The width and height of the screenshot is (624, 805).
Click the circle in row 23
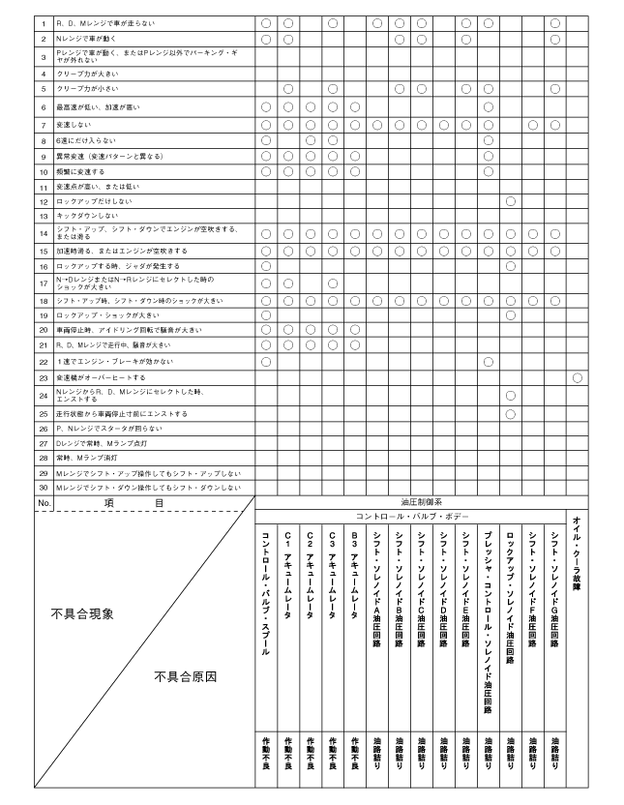578,376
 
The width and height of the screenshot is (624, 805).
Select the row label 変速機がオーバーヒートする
101,377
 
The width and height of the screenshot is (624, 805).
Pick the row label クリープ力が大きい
88,74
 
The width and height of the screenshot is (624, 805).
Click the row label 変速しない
74,125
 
